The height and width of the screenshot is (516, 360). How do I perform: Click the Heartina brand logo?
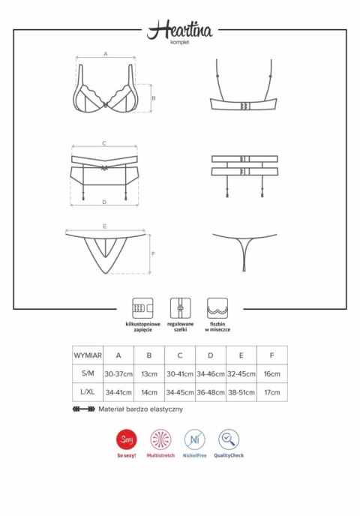pos(180,30)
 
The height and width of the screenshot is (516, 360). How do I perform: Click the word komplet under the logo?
pos(180,43)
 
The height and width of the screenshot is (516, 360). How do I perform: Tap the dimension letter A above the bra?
pos(106,54)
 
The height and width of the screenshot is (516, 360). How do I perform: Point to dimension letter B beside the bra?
pos(153,98)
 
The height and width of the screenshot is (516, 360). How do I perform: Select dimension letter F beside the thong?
pos(153,253)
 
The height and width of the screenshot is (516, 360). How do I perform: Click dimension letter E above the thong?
pos(104,225)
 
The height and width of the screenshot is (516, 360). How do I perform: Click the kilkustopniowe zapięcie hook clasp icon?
pos(139,307)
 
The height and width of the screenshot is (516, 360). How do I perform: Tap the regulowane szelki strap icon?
pos(179,307)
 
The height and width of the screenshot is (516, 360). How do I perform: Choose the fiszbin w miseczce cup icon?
pos(217,307)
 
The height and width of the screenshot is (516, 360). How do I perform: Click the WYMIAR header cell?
pos(88,354)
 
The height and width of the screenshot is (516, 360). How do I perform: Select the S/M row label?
pos(88,373)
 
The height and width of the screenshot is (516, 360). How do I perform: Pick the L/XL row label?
pos(88,392)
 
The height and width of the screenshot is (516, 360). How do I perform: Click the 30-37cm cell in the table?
pos(118,373)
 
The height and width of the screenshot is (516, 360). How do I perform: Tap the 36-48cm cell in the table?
pos(210,392)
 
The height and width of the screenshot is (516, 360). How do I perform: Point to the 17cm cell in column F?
pos(271,392)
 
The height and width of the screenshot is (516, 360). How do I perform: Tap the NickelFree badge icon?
pos(195,439)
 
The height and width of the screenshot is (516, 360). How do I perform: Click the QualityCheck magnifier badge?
pos(229,439)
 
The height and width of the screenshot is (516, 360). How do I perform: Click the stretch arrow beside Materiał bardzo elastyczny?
pos(82,410)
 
